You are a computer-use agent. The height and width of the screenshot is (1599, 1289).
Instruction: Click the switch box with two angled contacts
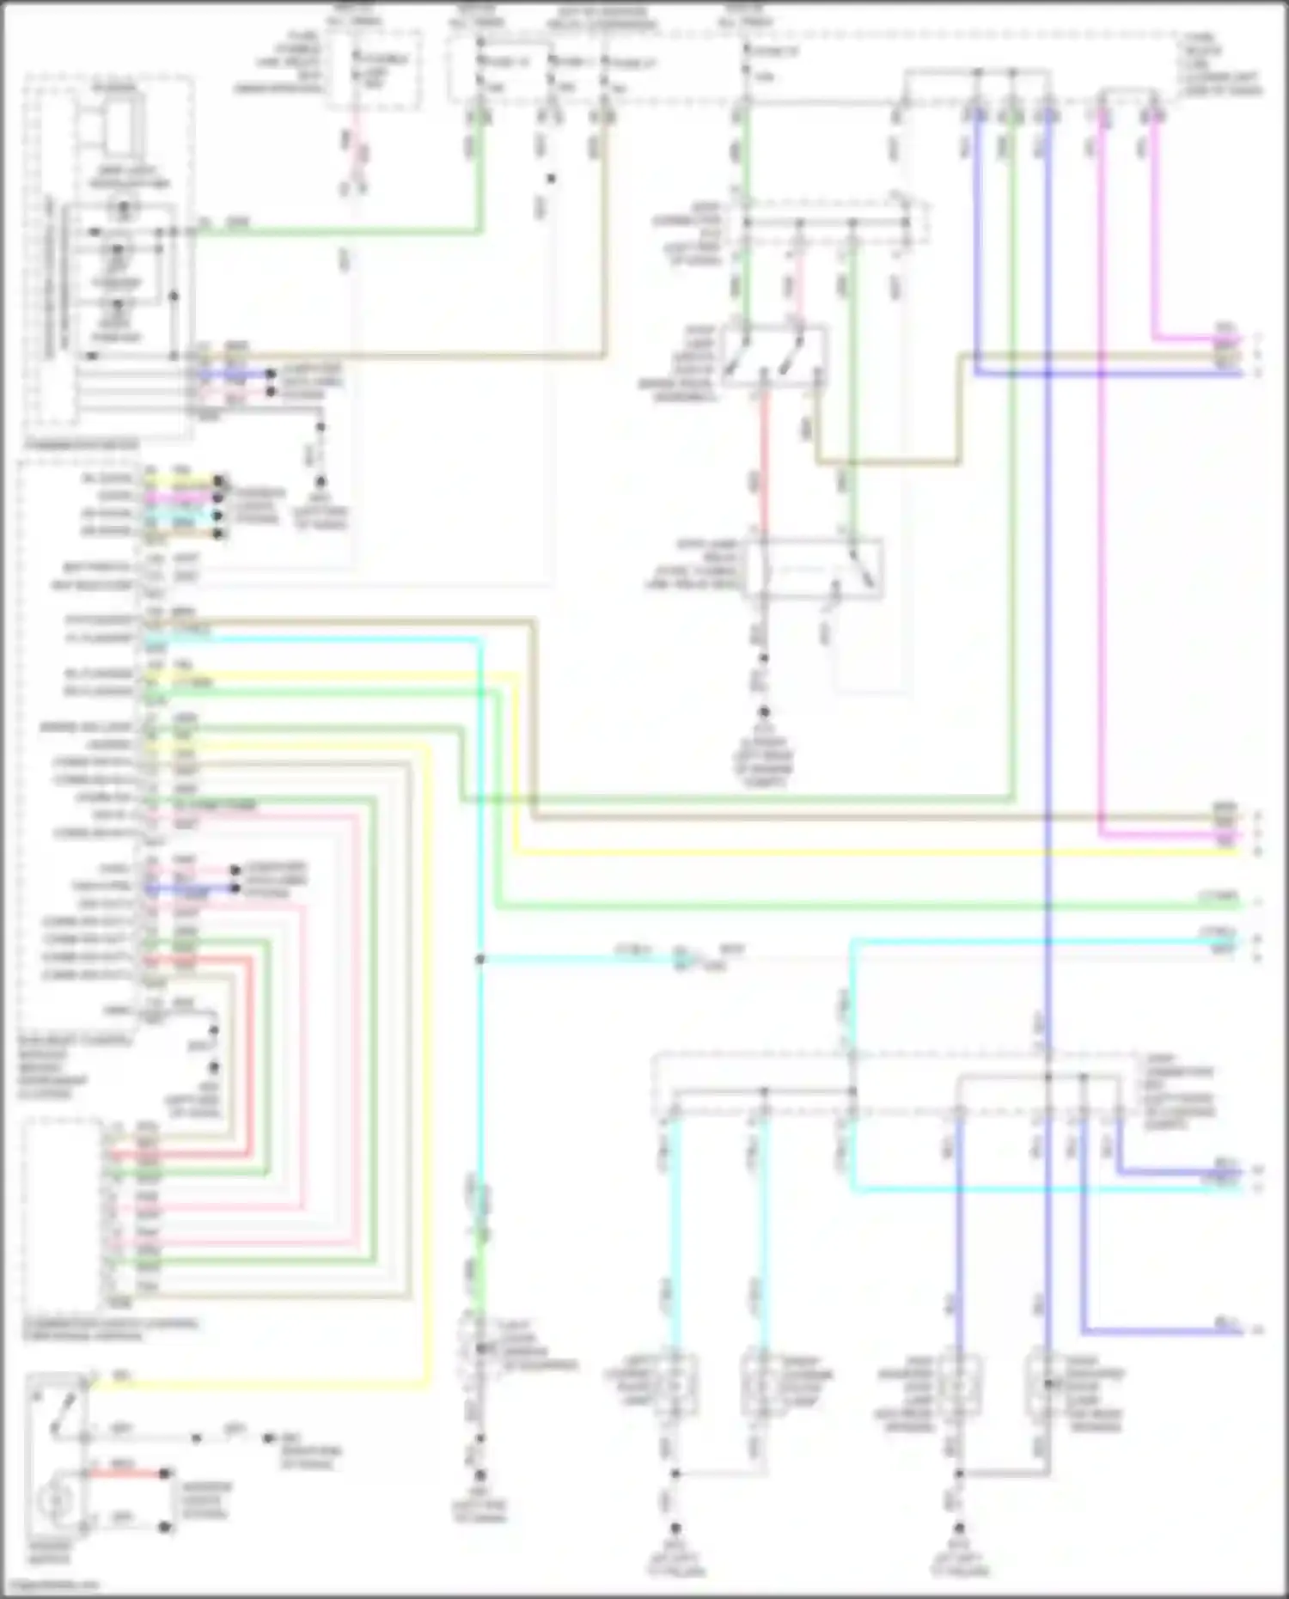click(x=773, y=355)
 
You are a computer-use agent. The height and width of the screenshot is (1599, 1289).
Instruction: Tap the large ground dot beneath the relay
click(x=763, y=712)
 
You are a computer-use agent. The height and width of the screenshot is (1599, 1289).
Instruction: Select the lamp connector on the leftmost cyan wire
click(x=675, y=1385)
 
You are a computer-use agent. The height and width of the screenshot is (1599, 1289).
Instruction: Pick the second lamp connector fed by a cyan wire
click(x=761, y=1385)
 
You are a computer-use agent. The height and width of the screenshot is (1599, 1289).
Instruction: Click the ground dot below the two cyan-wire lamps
click(x=675, y=1528)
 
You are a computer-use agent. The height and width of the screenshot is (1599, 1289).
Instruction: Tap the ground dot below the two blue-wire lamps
click(x=959, y=1528)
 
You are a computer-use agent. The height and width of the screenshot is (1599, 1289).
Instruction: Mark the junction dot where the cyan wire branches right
click(x=480, y=959)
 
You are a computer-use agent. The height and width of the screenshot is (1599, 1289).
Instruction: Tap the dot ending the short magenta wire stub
click(x=219, y=497)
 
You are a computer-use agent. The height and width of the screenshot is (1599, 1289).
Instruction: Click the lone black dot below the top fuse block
click(x=551, y=179)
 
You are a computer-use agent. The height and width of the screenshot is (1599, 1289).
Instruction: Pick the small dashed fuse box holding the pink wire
click(x=374, y=70)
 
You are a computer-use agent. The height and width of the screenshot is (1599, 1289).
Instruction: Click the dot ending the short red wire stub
click(x=165, y=1474)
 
